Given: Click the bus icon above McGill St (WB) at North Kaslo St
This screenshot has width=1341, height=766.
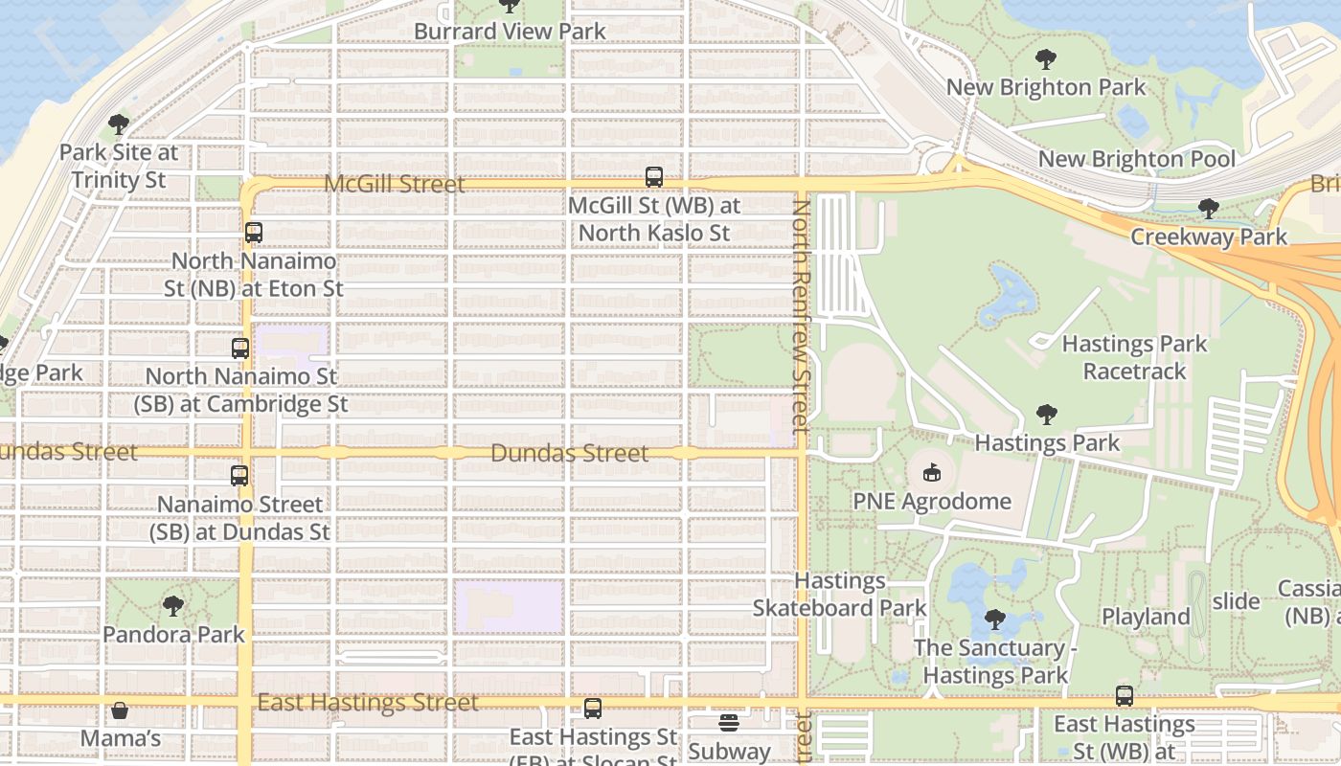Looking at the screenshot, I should [654, 177].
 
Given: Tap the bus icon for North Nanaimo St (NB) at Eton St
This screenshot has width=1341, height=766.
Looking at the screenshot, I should [254, 233].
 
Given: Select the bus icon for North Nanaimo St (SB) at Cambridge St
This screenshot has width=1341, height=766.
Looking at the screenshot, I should [240, 349].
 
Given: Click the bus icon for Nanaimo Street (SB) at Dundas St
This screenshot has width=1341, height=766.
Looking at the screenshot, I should [239, 475].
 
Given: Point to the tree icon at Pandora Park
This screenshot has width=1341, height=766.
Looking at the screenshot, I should [173, 606].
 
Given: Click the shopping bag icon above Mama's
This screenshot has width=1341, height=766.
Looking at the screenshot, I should [120, 710].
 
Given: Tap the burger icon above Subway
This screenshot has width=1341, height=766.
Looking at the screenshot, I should [729, 722].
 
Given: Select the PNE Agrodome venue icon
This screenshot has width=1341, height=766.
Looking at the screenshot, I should [931, 472].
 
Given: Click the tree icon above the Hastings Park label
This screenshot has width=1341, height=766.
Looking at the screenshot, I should [1047, 415].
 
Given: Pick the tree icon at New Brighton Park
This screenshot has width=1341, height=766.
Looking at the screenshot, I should [1046, 58].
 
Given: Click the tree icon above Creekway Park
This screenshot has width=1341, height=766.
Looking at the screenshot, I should [1209, 208].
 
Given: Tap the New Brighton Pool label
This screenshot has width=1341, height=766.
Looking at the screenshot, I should [1137, 159].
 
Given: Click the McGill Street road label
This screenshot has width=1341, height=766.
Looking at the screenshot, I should [395, 184].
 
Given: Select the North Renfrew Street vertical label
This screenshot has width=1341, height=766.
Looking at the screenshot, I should [803, 311].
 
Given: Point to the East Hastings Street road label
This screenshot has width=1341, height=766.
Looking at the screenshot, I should [368, 704].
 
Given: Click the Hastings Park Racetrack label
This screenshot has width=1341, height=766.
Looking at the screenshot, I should [1135, 357].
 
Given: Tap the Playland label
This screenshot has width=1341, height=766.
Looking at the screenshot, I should [1146, 617].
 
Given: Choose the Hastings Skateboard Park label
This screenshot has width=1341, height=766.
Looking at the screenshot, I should [840, 595].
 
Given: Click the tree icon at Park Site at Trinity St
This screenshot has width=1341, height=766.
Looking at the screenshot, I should [119, 124].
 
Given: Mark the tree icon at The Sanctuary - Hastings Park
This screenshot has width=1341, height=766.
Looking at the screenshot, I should [995, 620].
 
